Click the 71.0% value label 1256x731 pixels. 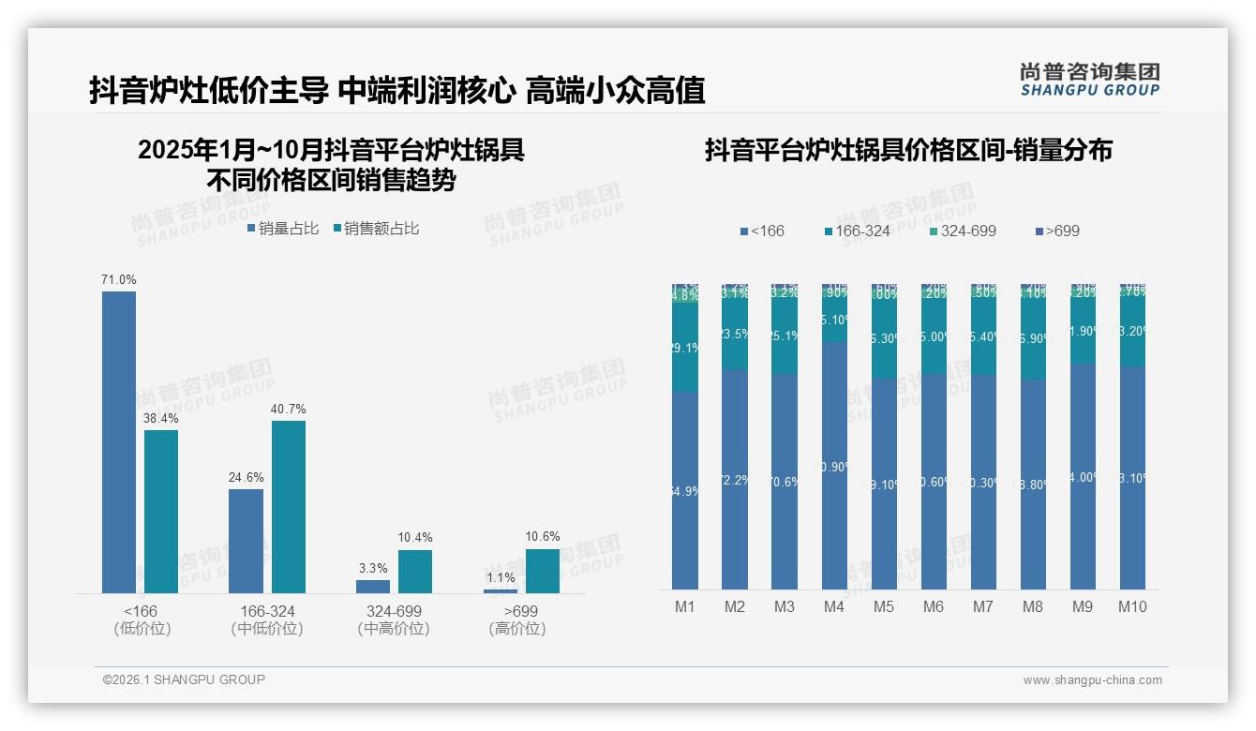119,279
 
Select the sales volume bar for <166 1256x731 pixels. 119,441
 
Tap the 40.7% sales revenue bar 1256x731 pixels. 289,506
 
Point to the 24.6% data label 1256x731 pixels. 246,477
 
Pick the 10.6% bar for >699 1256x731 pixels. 542,571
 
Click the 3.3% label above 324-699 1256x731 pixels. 373,568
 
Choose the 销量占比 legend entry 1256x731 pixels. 283,229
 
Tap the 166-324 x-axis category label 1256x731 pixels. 267,611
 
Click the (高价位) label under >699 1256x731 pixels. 516,629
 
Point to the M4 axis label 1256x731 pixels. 834,606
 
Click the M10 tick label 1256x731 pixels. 1132,606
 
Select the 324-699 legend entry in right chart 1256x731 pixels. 962,231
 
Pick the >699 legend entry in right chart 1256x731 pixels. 1057,231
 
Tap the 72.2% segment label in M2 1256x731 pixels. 735,480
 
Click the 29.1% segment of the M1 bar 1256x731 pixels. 685,347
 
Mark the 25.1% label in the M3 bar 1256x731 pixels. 785,336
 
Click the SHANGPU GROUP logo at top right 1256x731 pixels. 1089,80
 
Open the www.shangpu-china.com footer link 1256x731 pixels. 1092,680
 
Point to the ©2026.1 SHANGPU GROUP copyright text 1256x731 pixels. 184,679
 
